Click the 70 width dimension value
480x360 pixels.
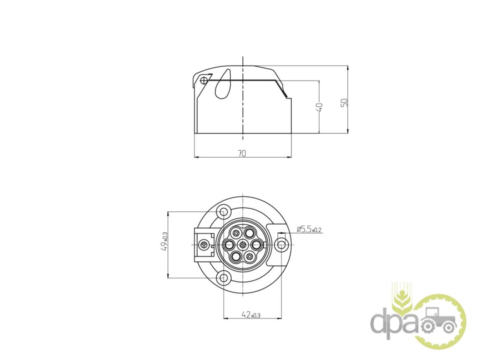(242, 153)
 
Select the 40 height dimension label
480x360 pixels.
(319, 107)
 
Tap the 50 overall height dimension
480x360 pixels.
(345, 103)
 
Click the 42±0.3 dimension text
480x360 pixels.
(251, 315)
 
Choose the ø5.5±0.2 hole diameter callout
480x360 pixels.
(309, 229)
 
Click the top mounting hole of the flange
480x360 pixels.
(224, 212)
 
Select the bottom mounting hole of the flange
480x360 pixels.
(224, 277)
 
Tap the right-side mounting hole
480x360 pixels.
(281, 245)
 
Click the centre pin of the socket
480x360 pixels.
(243, 245)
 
